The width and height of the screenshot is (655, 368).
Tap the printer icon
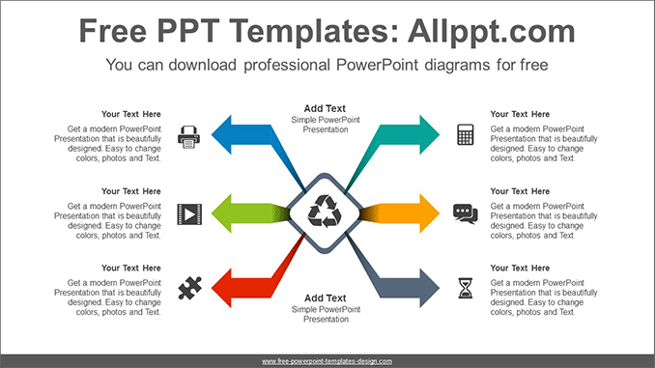[x=188, y=135]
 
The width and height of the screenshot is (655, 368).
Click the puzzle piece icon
[x=188, y=288]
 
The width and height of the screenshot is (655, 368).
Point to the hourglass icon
[x=466, y=288]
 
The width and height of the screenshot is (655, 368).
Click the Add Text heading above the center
[x=325, y=108]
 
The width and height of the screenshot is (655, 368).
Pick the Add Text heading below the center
[x=325, y=298]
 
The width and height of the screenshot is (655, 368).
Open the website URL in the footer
[x=327, y=360]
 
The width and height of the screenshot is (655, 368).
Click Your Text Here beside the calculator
[x=520, y=114]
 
